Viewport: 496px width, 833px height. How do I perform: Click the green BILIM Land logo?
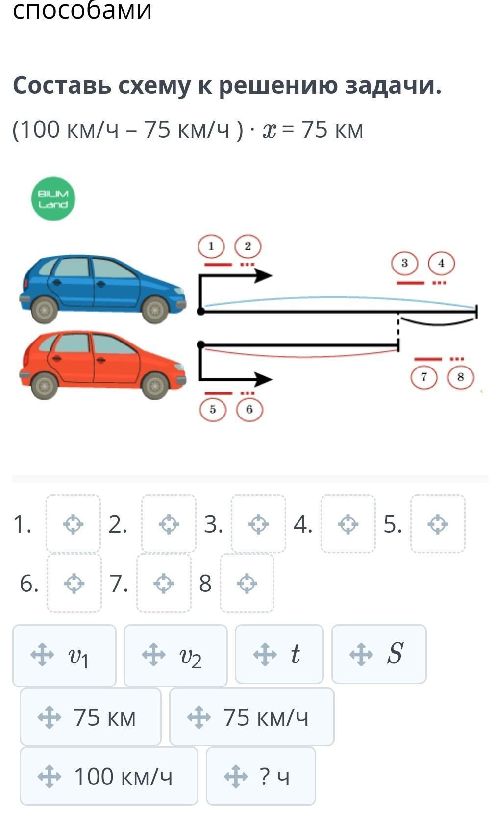[53, 199]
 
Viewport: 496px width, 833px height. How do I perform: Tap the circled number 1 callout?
[211, 246]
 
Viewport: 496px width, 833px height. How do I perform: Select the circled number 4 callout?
[441, 263]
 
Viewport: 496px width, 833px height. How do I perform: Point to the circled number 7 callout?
[424, 377]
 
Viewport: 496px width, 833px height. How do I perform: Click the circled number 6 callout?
[249, 410]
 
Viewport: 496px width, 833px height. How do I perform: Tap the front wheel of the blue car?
[154, 310]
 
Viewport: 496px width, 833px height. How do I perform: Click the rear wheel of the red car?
[44, 385]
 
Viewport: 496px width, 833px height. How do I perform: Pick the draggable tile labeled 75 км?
[91, 717]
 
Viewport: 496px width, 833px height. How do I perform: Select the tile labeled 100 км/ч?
[109, 776]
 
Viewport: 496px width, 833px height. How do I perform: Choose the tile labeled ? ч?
[261, 776]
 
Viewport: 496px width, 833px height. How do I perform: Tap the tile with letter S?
[379, 654]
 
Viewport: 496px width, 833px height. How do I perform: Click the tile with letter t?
[279, 654]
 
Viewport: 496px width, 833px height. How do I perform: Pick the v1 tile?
[64, 656]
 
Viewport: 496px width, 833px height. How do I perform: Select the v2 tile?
[175, 656]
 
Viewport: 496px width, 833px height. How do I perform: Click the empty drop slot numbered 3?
[258, 524]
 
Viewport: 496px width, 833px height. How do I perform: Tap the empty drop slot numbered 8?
[247, 583]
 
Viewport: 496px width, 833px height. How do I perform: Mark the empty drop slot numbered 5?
[438, 524]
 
